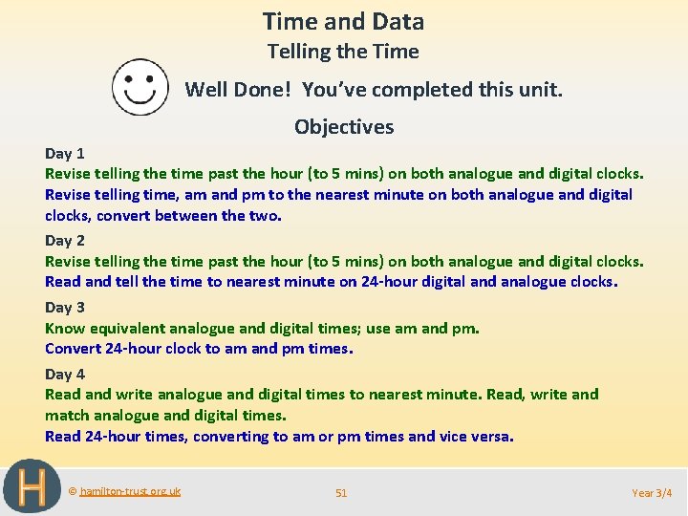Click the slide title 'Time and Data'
(343, 22)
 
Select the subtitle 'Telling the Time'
(343, 52)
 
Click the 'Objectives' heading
(344, 127)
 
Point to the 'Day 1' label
(65, 153)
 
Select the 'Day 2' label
(65, 241)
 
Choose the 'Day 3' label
(65, 307)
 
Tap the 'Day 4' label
(65, 374)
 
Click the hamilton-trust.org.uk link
(130, 491)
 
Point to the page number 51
(341, 493)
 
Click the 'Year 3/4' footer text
(652, 493)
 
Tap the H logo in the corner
(32, 487)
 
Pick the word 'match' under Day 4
(66, 416)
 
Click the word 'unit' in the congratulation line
(542, 90)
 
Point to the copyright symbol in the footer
(74, 491)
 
